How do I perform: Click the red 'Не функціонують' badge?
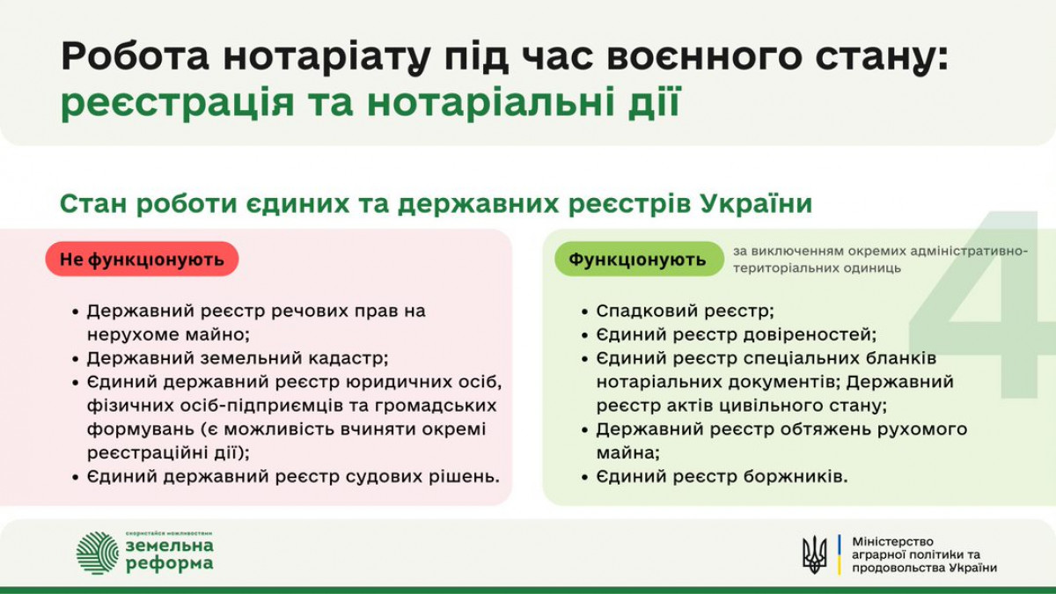click(142, 259)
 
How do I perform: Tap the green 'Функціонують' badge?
click(639, 259)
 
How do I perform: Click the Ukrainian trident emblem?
click(815, 554)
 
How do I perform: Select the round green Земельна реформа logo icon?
click(98, 553)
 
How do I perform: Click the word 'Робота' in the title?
click(135, 56)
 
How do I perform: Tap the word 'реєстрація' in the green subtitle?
click(178, 103)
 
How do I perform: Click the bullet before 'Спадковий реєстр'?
click(584, 312)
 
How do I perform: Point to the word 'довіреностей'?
click(810, 335)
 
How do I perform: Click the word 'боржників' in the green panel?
click(796, 477)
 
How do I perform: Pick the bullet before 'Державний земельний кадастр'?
click(76, 359)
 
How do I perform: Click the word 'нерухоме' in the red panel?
click(132, 335)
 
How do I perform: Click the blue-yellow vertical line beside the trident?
click(840, 554)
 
